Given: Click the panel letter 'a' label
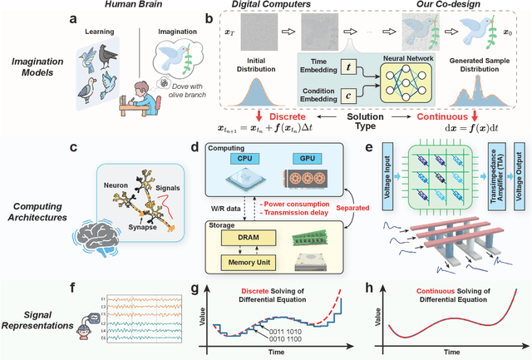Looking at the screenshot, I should pos(76,16).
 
